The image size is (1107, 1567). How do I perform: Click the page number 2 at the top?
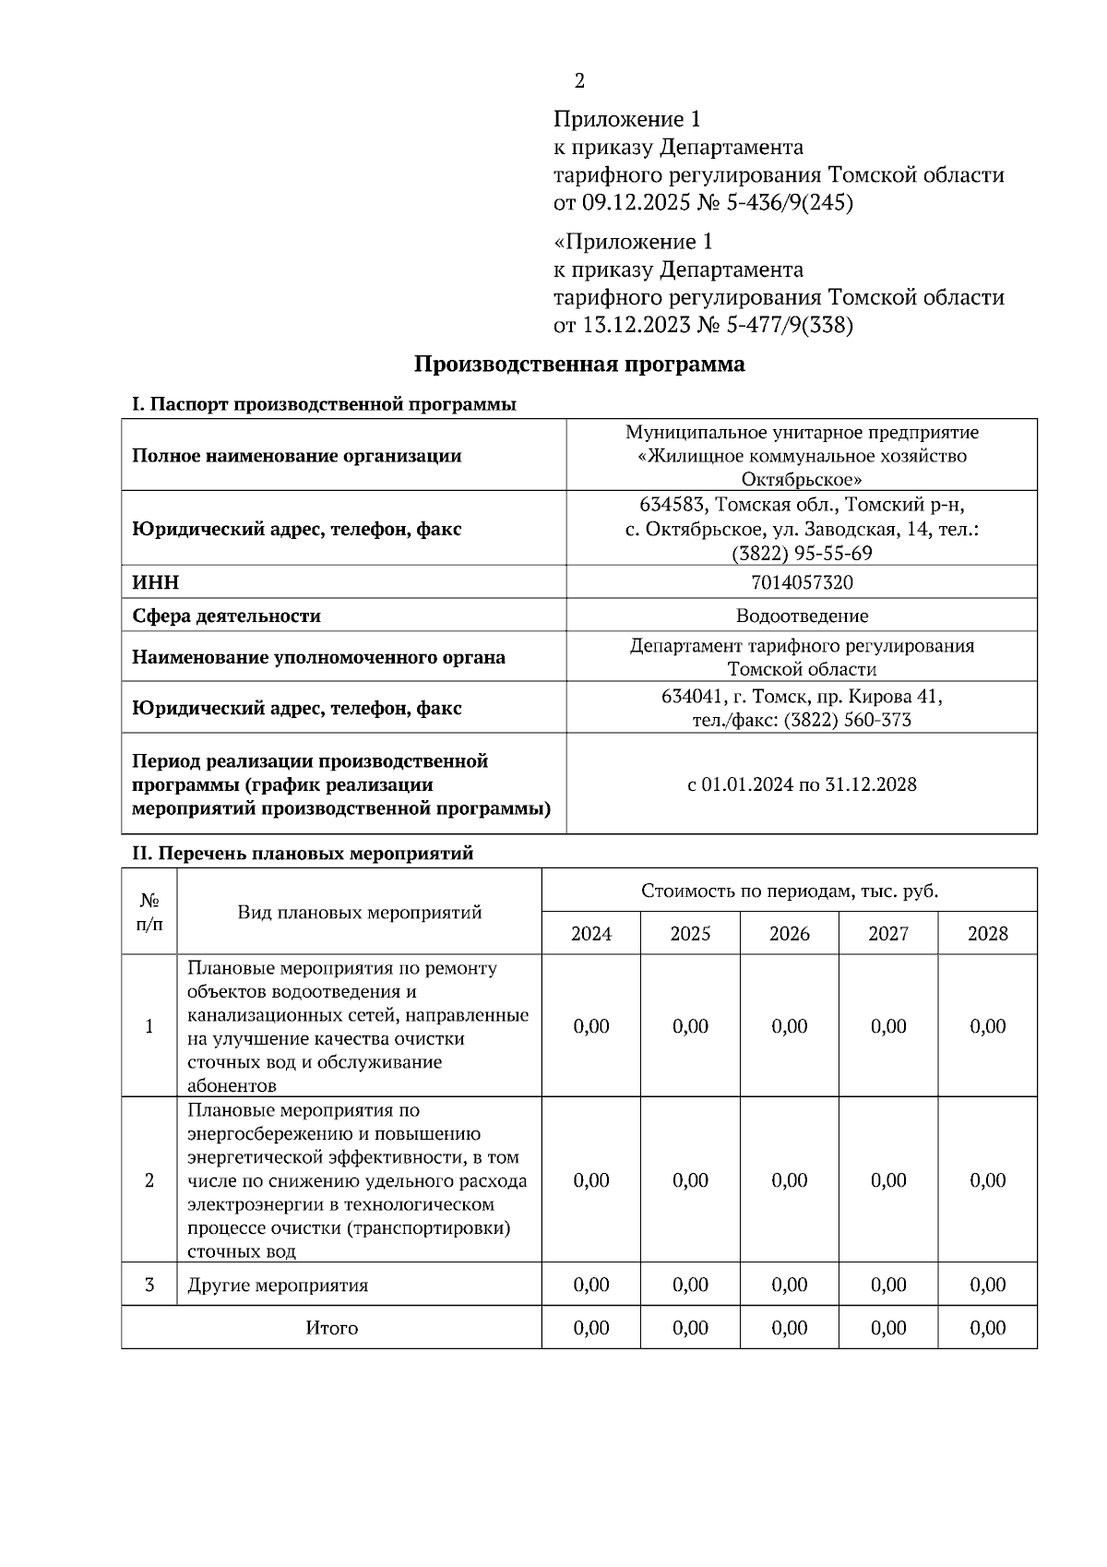(x=579, y=81)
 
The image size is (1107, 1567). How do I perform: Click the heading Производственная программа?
(x=578, y=365)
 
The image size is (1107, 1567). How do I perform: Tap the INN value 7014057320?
(x=801, y=582)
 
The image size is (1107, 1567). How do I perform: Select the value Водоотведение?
(x=801, y=616)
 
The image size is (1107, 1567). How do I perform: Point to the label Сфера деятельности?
(x=226, y=616)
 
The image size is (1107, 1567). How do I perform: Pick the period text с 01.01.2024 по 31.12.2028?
(x=801, y=784)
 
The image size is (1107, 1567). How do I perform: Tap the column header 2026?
(x=789, y=934)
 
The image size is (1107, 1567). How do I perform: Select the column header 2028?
(x=987, y=934)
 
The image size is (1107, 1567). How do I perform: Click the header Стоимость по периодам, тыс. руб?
(x=789, y=891)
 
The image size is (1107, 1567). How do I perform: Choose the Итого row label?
(x=331, y=1328)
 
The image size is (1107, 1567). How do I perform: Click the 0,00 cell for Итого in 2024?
(x=590, y=1328)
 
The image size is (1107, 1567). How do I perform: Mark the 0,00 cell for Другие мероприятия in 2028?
(x=987, y=1285)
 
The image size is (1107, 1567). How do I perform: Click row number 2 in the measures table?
(x=149, y=1180)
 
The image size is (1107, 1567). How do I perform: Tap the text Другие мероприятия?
(x=278, y=1286)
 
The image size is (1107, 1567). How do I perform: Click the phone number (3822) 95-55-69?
(x=801, y=554)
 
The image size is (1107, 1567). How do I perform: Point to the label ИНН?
(x=155, y=582)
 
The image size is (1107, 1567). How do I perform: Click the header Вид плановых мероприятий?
(x=360, y=913)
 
